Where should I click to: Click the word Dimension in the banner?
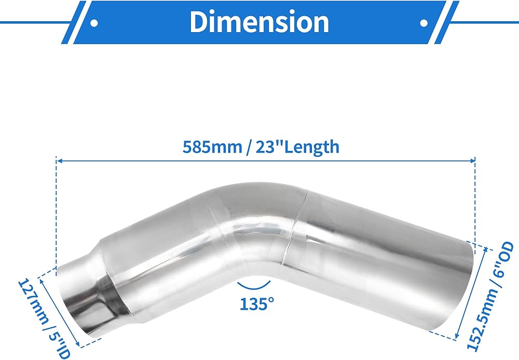click(259, 22)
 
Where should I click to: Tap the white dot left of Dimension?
click(94, 23)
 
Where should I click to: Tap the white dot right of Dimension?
click(424, 23)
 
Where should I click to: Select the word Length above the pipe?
click(312, 147)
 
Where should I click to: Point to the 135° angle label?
click(257, 304)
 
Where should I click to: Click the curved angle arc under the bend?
click(254, 286)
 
